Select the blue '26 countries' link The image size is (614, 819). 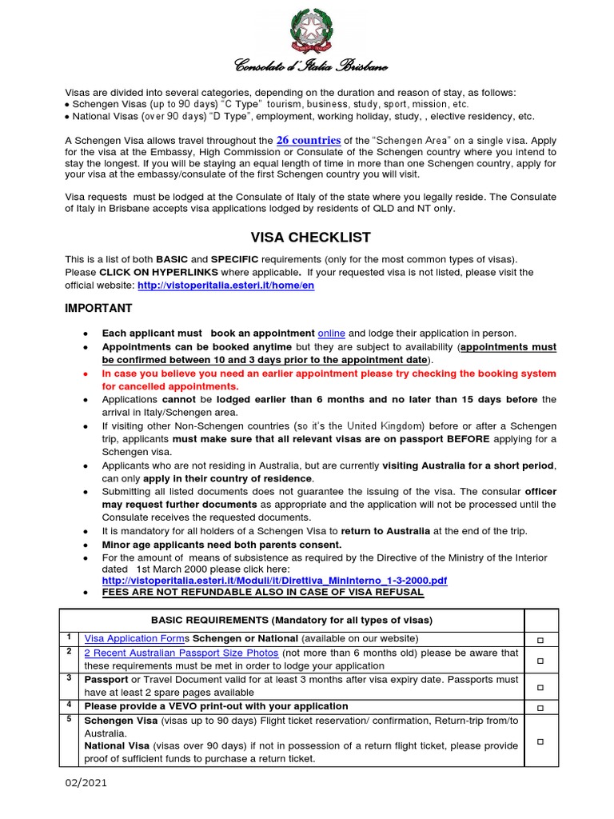(309, 140)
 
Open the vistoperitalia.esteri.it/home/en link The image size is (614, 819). (225, 286)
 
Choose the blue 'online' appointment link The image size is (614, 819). (331, 333)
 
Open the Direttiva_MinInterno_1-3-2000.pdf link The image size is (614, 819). (274, 580)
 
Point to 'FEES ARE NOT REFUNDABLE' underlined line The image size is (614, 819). (263, 592)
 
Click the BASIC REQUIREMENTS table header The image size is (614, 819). (293, 620)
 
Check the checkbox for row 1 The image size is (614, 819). (541, 640)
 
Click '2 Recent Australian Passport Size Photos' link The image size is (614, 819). (181, 653)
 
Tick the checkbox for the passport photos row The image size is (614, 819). (541, 660)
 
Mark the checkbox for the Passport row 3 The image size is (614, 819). (541, 686)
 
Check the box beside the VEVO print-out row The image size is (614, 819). (541, 707)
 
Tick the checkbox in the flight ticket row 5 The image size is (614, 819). (541, 741)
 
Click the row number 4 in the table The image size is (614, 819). (70, 705)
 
